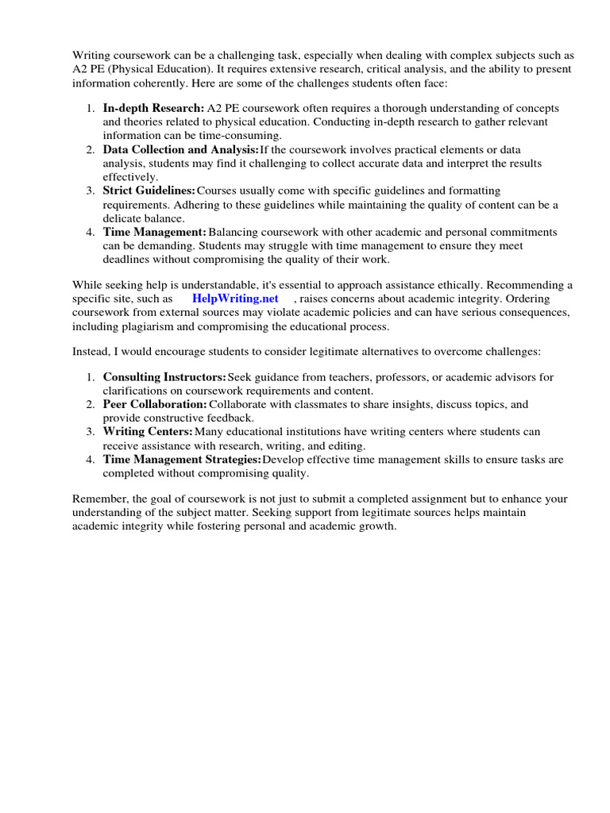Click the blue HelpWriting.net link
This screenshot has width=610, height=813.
(x=235, y=299)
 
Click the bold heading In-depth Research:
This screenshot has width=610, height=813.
(x=152, y=108)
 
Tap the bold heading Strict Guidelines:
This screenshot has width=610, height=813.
(x=149, y=191)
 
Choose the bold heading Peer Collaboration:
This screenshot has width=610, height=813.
(x=155, y=404)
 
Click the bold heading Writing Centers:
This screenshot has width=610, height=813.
(x=148, y=431)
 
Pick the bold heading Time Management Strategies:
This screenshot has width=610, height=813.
(x=182, y=459)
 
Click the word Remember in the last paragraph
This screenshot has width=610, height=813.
(x=98, y=499)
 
